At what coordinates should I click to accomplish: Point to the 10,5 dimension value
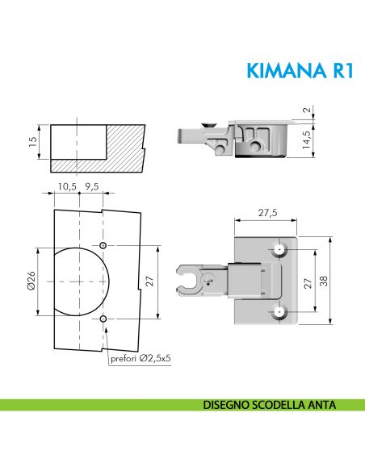point(67,186)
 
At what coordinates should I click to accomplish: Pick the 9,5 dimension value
point(90,186)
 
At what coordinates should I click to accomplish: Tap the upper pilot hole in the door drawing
point(104,244)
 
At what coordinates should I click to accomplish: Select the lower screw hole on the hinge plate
point(279,311)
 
